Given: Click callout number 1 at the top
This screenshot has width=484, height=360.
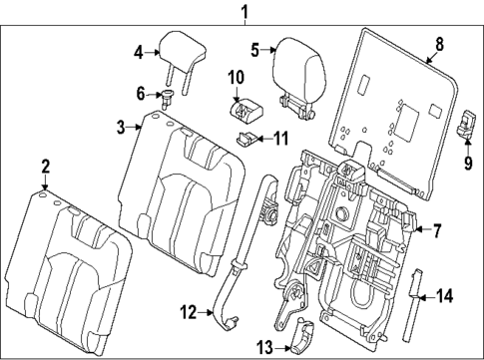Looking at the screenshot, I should click(x=242, y=11).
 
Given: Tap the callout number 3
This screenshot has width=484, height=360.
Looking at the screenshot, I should click(x=120, y=127).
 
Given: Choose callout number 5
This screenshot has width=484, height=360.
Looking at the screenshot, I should click(x=255, y=49).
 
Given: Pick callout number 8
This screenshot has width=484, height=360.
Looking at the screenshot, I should click(x=438, y=43).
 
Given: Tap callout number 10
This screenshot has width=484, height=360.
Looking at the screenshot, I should click(x=236, y=77).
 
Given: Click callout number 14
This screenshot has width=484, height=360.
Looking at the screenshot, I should click(x=445, y=295).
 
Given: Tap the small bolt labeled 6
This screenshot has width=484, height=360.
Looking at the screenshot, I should click(x=167, y=96).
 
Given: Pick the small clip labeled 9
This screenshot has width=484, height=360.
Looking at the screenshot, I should click(x=467, y=124).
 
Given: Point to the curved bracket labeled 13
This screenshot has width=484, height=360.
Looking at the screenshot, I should click(x=300, y=341).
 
